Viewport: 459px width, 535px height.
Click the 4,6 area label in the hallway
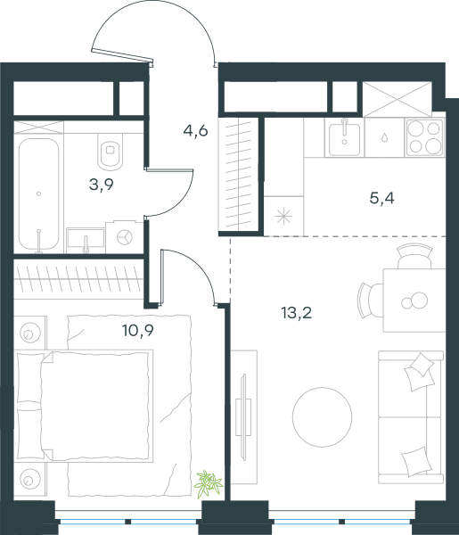[195, 130]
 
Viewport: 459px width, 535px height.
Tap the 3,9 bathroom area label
[102, 185]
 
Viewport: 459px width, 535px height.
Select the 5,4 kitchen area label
[382, 198]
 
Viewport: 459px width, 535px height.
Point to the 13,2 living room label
[297, 313]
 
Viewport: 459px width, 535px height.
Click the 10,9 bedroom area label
[138, 330]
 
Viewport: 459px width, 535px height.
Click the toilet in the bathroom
[111, 152]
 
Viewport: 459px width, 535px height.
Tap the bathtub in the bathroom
[38, 193]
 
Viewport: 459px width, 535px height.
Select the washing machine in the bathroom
[124, 237]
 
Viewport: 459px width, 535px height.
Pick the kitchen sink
[344, 138]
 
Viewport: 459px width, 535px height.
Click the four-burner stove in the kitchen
[425, 137]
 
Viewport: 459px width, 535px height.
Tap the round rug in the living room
[323, 417]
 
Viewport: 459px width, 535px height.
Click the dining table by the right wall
[414, 300]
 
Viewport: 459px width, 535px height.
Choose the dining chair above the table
[414, 256]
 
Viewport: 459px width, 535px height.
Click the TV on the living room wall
[243, 417]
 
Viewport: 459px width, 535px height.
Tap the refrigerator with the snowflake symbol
[283, 216]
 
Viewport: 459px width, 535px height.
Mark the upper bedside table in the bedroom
[30, 333]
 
